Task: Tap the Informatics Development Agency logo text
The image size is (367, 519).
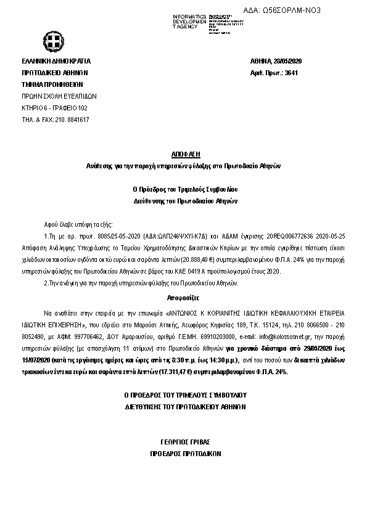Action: click(190, 22)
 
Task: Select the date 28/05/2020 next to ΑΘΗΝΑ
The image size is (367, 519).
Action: click(286, 61)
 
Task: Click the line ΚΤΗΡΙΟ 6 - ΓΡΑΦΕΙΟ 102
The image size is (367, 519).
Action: click(54, 108)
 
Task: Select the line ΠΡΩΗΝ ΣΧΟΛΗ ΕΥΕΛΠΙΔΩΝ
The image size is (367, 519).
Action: click(59, 96)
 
